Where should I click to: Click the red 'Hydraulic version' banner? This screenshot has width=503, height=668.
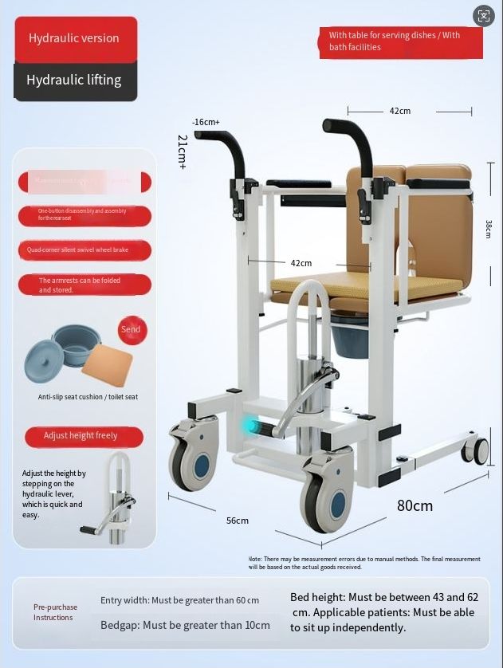point(75,38)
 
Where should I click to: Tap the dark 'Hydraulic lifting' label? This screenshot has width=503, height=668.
point(74,80)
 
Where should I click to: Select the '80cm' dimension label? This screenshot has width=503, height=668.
point(415,505)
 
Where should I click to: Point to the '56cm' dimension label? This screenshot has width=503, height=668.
point(238,521)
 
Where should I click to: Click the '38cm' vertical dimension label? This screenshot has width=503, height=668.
point(489,229)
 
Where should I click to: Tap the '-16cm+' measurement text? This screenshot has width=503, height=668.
point(206,122)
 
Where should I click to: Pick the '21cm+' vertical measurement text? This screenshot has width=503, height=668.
point(183,151)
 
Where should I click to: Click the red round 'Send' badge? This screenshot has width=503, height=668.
point(131,329)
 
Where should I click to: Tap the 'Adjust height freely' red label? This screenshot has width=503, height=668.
point(82,436)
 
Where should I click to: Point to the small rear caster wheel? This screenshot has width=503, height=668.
point(477,451)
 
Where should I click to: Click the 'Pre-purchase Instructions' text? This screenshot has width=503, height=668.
point(55,612)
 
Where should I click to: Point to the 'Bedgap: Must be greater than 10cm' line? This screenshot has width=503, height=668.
point(185,625)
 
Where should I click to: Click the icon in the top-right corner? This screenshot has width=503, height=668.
point(484,16)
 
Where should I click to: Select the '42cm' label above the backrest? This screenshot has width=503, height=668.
point(400,111)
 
